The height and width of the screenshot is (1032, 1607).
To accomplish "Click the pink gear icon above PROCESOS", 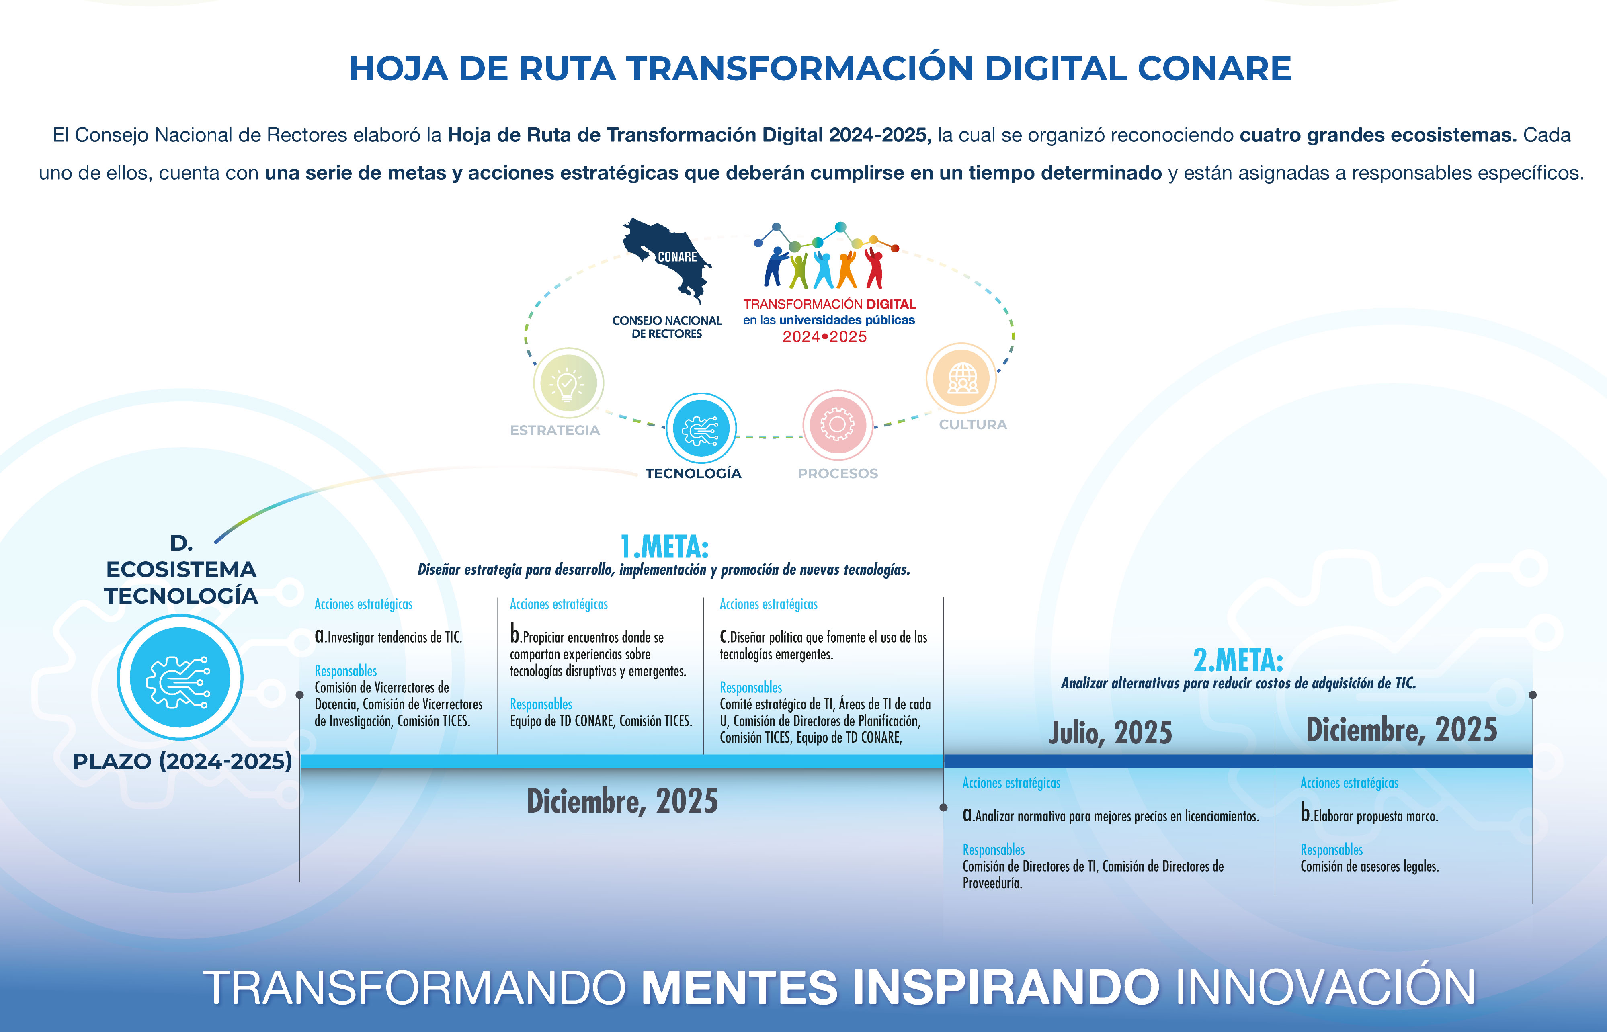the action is tap(838, 424).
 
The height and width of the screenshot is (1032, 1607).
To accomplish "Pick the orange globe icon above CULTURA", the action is tap(961, 378).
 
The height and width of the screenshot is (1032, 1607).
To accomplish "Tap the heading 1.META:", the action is tap(664, 547).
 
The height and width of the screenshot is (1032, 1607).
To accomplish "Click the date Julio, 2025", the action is tap(1111, 733).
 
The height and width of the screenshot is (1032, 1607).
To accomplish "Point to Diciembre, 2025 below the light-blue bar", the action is tap(622, 801).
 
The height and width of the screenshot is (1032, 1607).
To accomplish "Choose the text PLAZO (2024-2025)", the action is tap(182, 761).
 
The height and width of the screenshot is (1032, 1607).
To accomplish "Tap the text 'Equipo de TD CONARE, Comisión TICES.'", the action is tap(601, 721).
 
